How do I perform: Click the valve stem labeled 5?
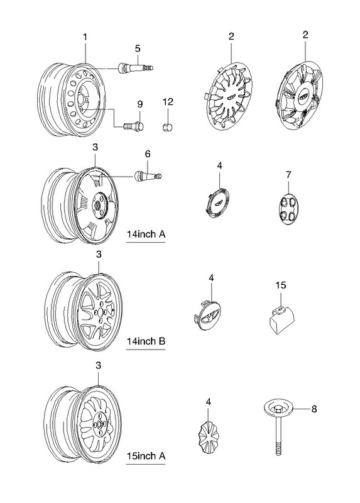[136, 68]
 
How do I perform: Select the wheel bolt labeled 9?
[133, 126]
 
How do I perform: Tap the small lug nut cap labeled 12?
[167, 127]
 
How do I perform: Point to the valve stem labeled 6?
[148, 175]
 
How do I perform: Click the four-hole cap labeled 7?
[288, 209]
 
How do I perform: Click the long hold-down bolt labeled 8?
[278, 427]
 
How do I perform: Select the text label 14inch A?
[146, 234]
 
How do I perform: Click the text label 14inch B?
[146, 341]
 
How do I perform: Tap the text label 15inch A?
[146, 455]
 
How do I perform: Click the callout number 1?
[85, 37]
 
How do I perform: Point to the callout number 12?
[168, 102]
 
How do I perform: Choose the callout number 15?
[280, 285]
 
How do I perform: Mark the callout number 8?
[314, 409]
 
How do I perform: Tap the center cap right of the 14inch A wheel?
[217, 203]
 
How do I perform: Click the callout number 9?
[139, 104]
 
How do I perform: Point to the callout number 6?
[148, 154]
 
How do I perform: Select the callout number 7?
[288, 175]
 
